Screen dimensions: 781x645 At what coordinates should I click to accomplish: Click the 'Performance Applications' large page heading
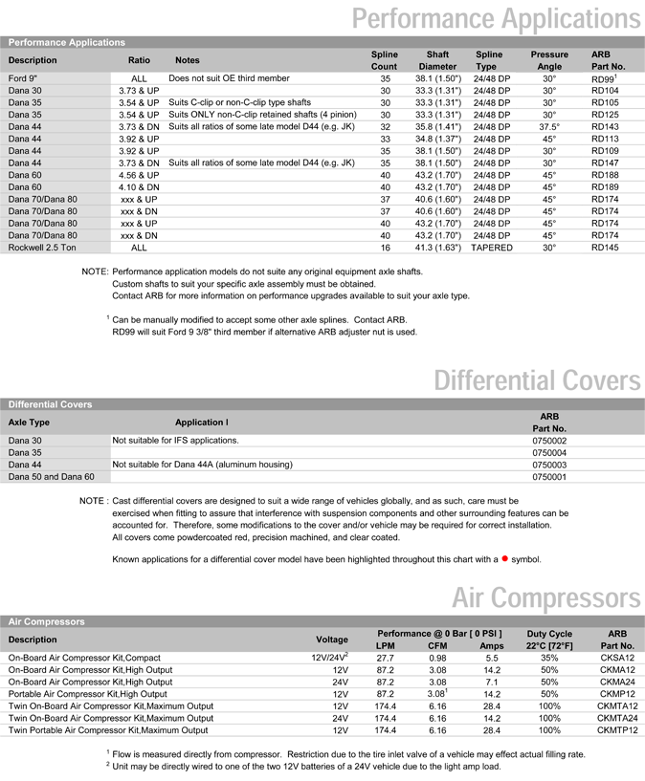point(497,17)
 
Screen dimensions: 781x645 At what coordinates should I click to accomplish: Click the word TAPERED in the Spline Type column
point(493,248)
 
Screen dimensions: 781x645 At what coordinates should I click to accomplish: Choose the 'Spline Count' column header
point(384,61)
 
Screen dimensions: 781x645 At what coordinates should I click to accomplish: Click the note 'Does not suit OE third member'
point(229,78)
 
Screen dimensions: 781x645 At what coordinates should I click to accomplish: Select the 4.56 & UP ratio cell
point(139,175)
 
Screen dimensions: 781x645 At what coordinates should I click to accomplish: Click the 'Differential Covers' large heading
point(538,381)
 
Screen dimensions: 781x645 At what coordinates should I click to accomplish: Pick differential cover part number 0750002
point(548,441)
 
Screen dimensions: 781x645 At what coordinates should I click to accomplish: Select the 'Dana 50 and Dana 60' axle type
point(52,476)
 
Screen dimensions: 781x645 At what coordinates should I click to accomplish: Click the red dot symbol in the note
point(504,557)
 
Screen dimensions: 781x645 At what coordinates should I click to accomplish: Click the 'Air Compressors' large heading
point(546,598)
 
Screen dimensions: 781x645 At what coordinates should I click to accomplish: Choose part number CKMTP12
point(617,730)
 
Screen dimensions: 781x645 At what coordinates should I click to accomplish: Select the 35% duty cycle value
point(549,659)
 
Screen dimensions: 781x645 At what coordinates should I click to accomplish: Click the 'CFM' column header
point(437,645)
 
